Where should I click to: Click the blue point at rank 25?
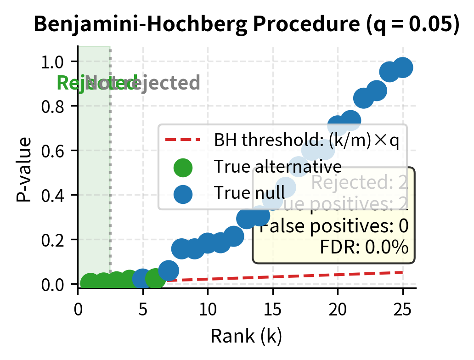coord(403,67)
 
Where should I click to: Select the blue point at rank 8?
coord(182,248)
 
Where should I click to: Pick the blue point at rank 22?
coord(364,98)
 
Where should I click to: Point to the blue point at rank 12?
coord(234,236)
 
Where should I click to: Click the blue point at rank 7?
coord(169,270)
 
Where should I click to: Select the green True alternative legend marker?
coord(182,167)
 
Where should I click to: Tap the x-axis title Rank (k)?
coord(246,337)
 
